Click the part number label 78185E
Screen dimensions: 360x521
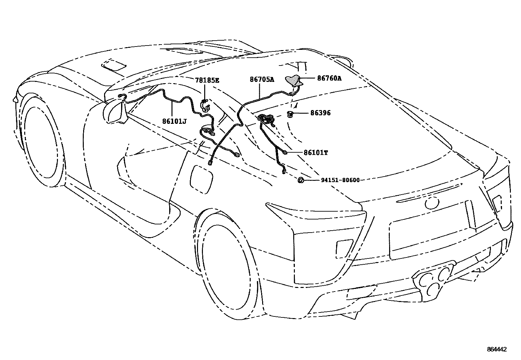coord(207,80)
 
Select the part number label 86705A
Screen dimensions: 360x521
coord(262,79)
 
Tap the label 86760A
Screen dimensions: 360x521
coord(329,78)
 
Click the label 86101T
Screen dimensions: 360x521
coord(315,153)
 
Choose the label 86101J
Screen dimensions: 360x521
coord(174,122)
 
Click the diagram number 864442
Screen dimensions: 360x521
coord(496,350)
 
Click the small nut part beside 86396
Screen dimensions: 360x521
coord(290,114)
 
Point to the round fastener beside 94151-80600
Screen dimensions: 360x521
coord(300,180)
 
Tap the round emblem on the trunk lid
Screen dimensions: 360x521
coord(431,203)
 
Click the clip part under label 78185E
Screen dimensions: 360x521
coord(206,105)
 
